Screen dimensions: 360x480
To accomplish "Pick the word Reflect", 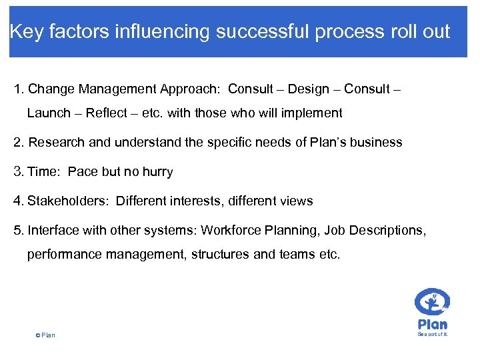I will tap(108, 113).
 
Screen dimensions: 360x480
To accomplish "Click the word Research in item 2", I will tap(55, 142).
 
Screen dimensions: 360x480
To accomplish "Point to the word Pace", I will tap(83, 171).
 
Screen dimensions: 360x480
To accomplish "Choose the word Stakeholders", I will tap(68, 201).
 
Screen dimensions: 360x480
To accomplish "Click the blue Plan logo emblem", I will tap(432, 303).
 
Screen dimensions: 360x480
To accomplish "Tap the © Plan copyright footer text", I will tap(45, 335).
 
